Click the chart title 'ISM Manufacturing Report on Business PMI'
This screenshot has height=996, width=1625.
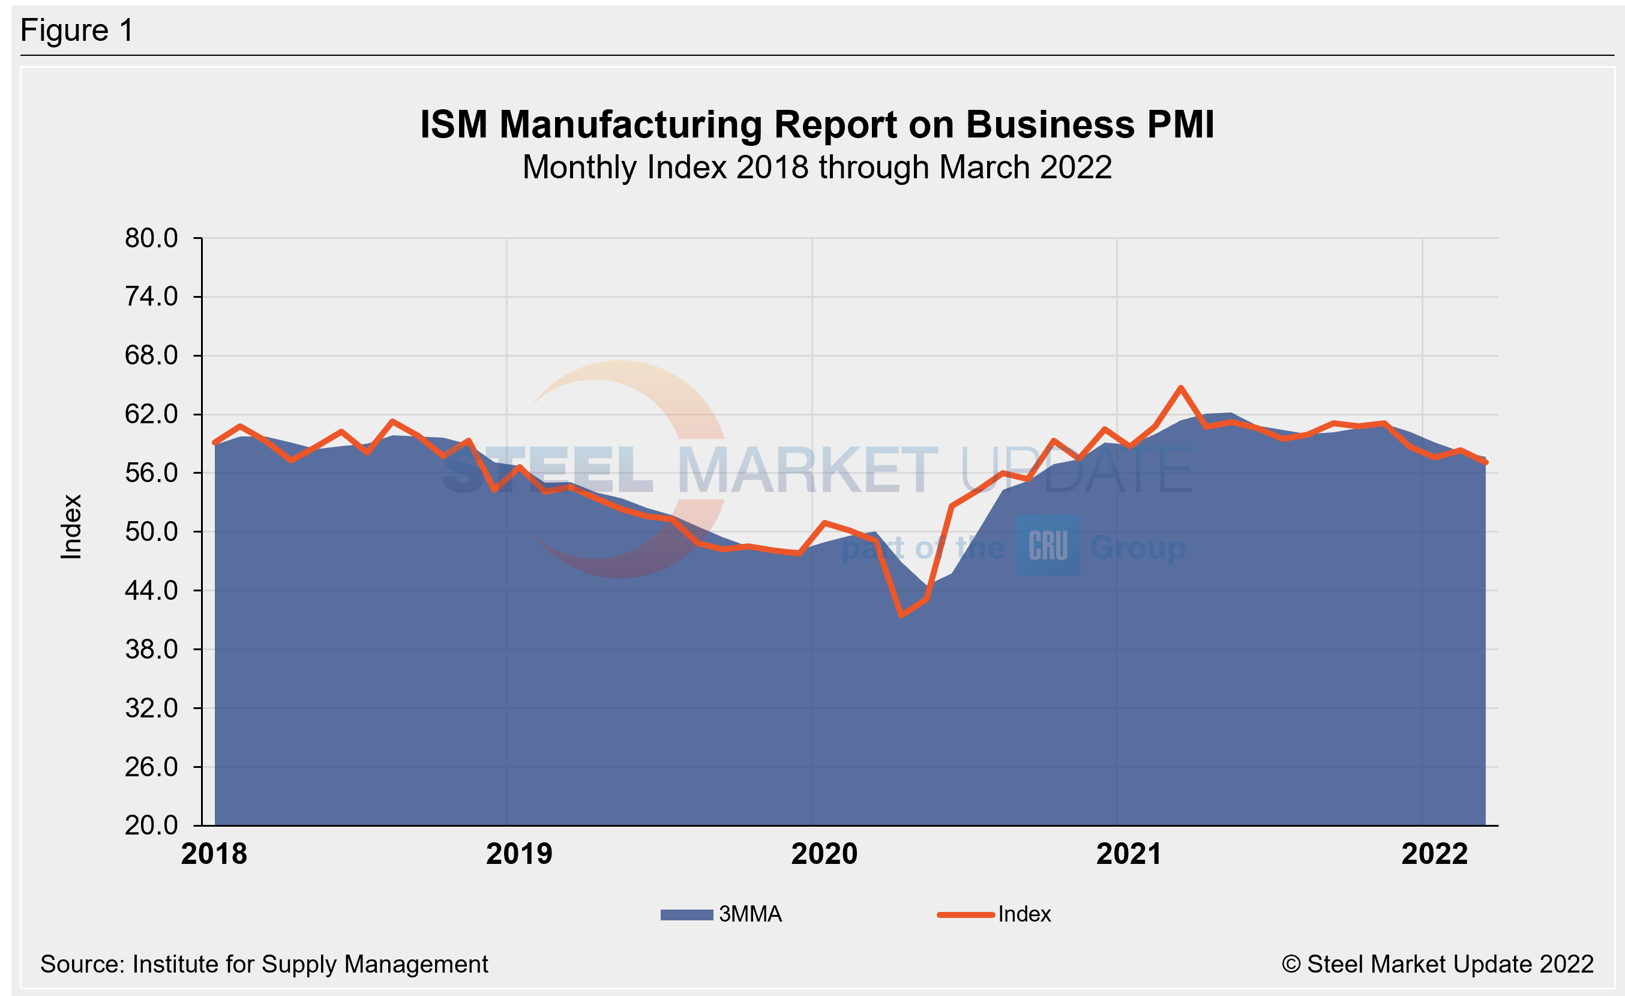tap(817, 125)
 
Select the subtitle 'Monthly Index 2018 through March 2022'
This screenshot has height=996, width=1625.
tap(817, 168)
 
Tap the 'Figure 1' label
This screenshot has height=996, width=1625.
tap(77, 31)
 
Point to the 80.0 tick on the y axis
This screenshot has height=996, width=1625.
tap(151, 238)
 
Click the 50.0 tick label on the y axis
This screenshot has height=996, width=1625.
tap(151, 532)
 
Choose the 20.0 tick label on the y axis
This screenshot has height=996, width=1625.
tap(151, 825)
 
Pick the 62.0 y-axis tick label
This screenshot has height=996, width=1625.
tap(151, 414)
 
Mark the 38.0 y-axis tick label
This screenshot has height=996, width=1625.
tap(151, 650)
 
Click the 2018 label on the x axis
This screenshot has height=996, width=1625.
tap(214, 854)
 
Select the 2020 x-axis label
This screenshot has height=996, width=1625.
tap(824, 854)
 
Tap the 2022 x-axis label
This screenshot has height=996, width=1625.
tap(1434, 854)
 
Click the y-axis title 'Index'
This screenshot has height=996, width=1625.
tap(71, 527)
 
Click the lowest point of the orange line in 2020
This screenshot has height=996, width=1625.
tap(901, 615)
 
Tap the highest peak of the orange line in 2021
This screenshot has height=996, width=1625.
tap(1180, 388)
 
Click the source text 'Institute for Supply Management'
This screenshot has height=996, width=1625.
tap(310, 964)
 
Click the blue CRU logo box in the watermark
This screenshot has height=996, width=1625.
tap(1047, 546)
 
